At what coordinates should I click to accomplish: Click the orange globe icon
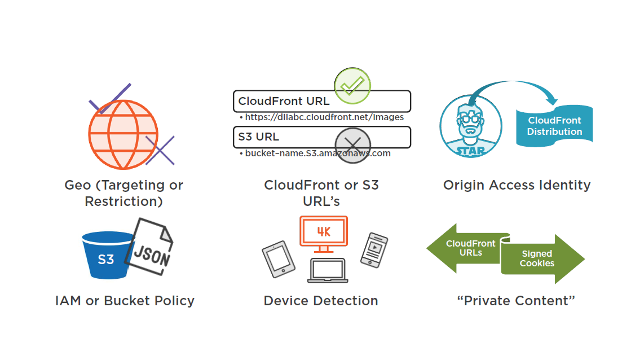(x=123, y=134)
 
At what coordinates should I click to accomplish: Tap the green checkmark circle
(x=352, y=86)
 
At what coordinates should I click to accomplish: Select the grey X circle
(x=352, y=145)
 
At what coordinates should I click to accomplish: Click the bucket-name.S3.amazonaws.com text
(x=317, y=153)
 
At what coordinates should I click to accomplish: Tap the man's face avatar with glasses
(x=471, y=125)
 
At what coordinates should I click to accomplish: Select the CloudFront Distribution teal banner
(x=555, y=126)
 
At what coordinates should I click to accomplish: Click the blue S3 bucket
(x=106, y=257)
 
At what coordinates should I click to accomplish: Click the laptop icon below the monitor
(x=327, y=271)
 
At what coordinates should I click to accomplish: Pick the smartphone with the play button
(x=374, y=249)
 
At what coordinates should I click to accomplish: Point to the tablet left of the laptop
(x=279, y=260)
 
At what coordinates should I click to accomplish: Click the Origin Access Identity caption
(x=517, y=185)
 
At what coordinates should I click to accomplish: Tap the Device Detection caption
(x=321, y=301)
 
